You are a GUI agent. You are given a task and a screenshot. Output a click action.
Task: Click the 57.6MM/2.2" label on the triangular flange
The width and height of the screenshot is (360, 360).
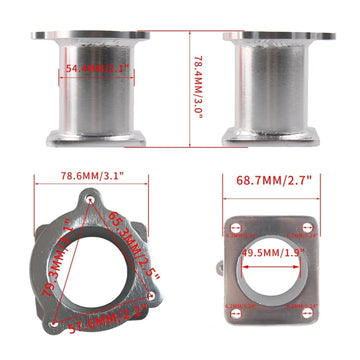coord(96,323)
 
